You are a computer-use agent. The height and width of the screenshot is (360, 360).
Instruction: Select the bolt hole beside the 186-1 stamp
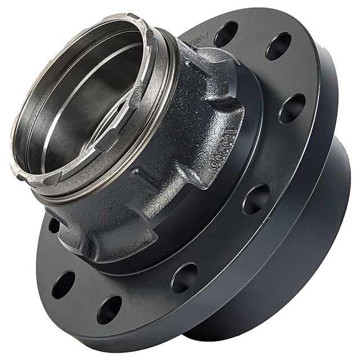[226, 34]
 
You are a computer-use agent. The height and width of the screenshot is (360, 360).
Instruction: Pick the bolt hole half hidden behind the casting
[54, 225]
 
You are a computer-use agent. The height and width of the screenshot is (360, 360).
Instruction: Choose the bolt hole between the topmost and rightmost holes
[278, 46]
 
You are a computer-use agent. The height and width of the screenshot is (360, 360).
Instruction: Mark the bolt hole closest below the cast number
[256, 199]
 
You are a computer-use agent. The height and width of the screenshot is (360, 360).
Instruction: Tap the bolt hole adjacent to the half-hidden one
[63, 285]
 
